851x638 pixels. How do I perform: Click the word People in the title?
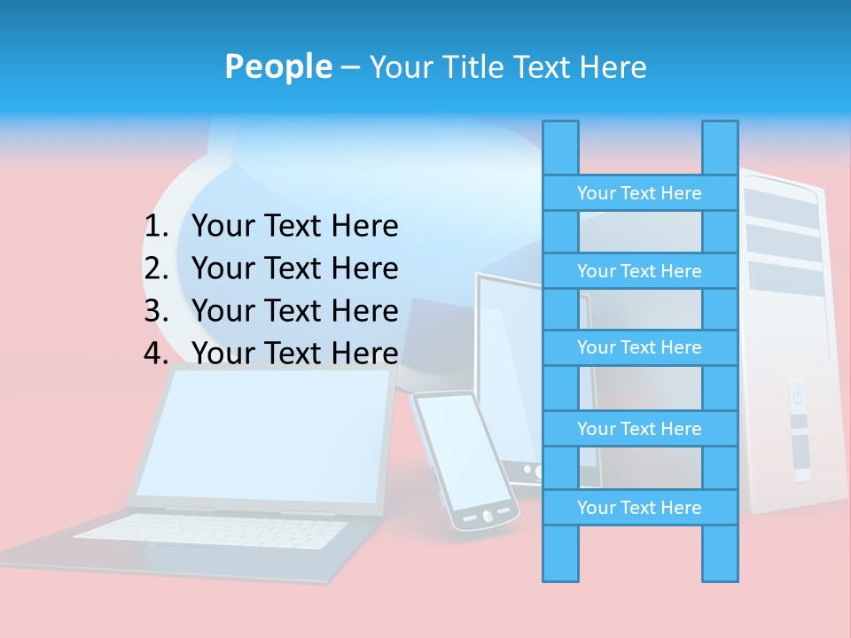pyautogui.click(x=277, y=66)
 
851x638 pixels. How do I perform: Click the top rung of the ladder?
pyautogui.click(x=639, y=193)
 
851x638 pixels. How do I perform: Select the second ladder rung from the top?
pyautogui.click(x=639, y=271)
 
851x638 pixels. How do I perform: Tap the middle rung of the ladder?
pyautogui.click(x=639, y=347)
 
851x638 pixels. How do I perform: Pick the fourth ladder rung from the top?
pyautogui.click(x=639, y=429)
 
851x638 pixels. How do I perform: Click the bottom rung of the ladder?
pyautogui.click(x=639, y=508)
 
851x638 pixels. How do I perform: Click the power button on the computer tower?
pyautogui.click(x=797, y=396)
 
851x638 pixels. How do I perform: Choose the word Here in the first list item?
pyautogui.click(x=364, y=227)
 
